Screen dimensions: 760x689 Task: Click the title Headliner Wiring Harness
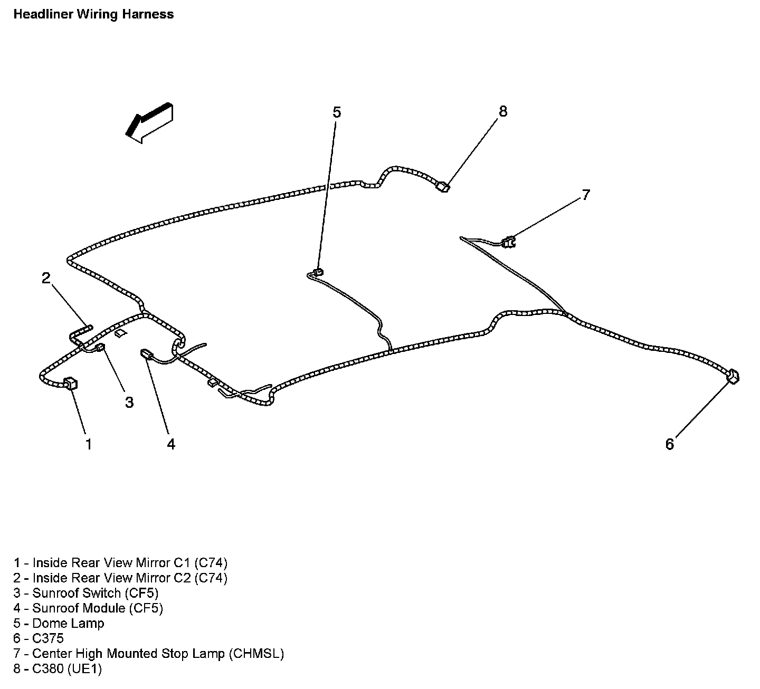(93, 14)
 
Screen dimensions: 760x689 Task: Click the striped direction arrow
(149, 123)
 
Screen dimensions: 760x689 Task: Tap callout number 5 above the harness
(337, 112)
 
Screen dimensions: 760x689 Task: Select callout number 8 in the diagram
(502, 111)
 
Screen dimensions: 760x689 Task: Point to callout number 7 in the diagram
(585, 195)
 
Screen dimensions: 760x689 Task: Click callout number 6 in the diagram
(669, 444)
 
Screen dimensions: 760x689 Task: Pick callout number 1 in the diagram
(89, 444)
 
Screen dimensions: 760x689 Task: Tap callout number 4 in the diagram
(171, 444)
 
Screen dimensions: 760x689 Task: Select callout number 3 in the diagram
(129, 403)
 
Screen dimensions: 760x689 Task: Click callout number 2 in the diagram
(46, 278)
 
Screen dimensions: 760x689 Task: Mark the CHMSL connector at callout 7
(509, 242)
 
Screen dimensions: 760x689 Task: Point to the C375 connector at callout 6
(733, 377)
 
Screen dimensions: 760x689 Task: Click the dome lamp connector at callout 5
(318, 272)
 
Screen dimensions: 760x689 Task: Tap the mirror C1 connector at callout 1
(70, 384)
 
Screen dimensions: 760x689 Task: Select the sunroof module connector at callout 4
(146, 354)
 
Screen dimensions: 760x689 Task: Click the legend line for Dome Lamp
(59, 623)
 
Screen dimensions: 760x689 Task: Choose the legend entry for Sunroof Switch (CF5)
(86, 593)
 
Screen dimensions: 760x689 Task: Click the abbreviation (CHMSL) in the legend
(256, 654)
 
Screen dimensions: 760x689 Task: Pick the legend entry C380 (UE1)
(58, 669)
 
